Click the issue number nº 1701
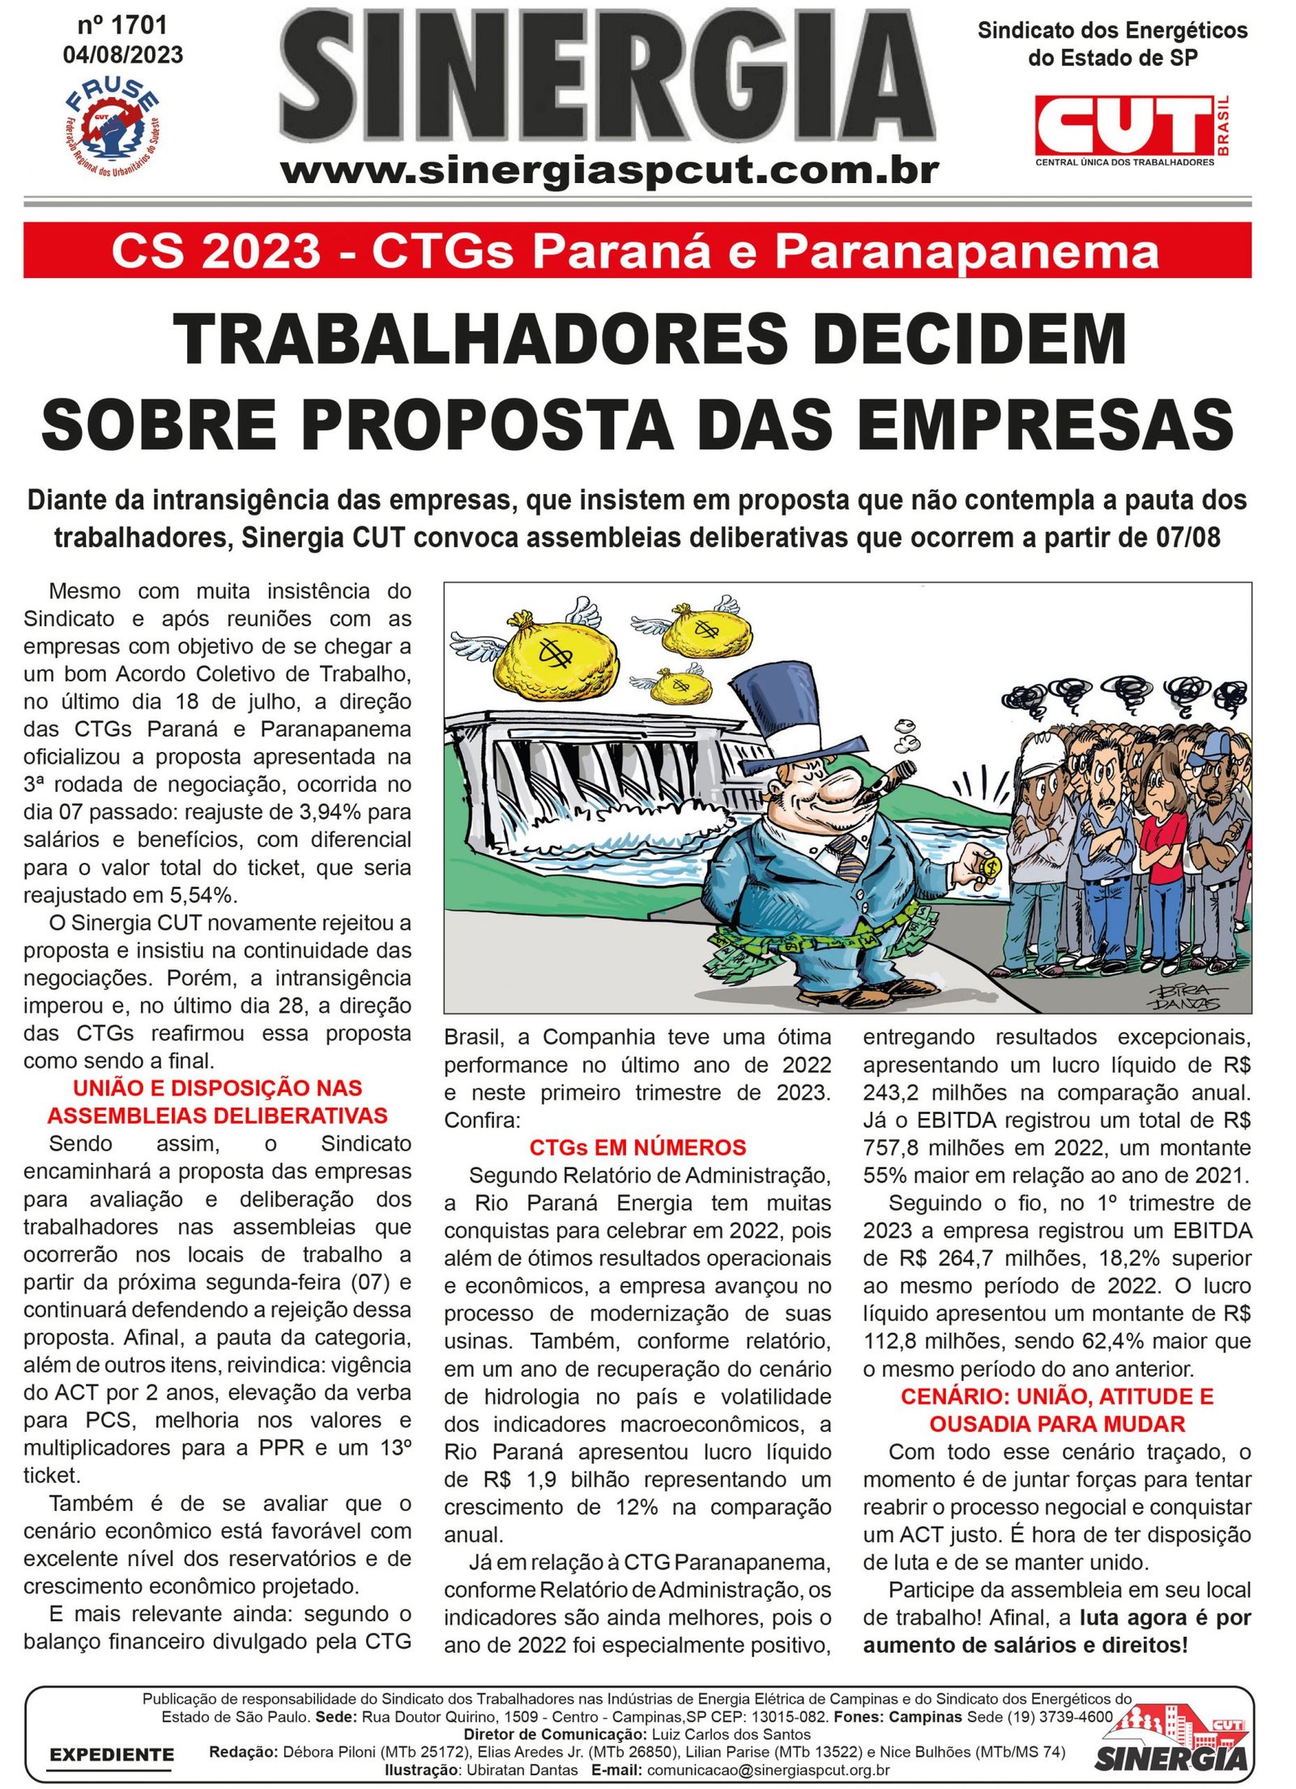click(122, 26)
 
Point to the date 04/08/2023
click(123, 55)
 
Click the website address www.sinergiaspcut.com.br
click(609, 171)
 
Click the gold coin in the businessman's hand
click(989, 866)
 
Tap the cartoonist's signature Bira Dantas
click(1186, 997)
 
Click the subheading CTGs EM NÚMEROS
click(637, 1147)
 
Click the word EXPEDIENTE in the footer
click(112, 1755)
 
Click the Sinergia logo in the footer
click(1172, 1752)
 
